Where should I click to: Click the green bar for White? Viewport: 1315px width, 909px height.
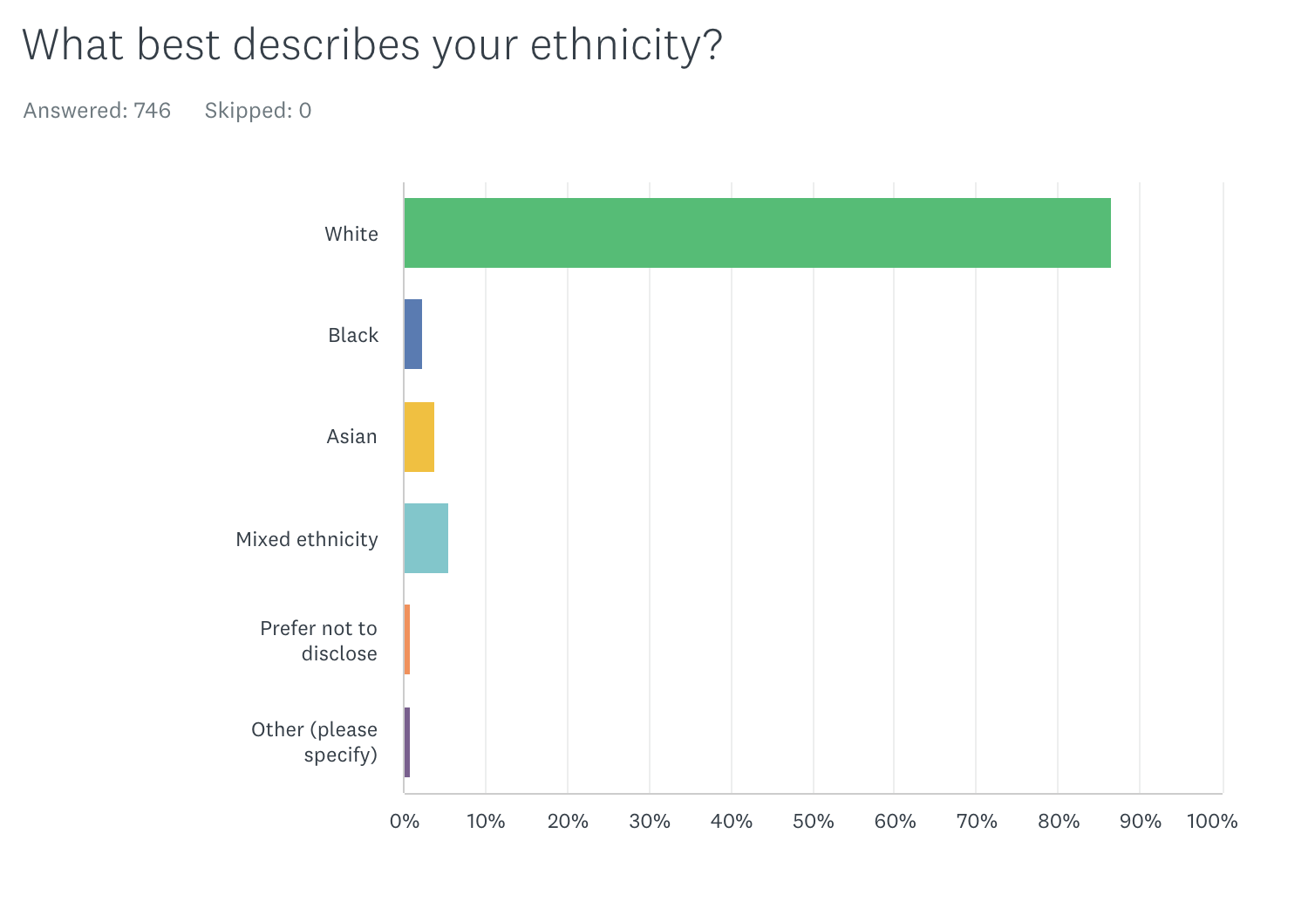click(757, 233)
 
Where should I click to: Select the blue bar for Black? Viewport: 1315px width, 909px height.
click(413, 334)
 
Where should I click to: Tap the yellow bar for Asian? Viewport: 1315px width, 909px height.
click(419, 437)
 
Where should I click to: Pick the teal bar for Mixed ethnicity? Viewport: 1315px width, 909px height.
click(426, 538)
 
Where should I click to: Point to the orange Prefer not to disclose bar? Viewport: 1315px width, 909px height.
click(407, 639)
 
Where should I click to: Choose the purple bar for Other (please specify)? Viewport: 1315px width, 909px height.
click(407, 742)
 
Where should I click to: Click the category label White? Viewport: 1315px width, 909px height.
click(351, 234)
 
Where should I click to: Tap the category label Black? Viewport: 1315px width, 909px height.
click(353, 335)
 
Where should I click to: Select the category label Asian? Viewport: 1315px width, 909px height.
click(351, 436)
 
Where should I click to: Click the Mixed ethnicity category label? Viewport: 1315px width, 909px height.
click(307, 539)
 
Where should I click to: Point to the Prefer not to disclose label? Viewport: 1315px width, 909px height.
click(319, 640)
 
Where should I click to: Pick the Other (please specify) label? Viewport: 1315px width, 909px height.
click(315, 742)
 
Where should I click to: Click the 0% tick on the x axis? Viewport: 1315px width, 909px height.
click(405, 821)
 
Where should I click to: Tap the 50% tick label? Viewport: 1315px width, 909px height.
click(813, 821)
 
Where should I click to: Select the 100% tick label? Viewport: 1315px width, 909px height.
click(1212, 821)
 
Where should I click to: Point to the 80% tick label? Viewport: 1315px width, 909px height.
click(1059, 821)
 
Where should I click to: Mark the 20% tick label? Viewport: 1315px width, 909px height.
click(568, 821)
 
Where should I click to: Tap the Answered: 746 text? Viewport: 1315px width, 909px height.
click(97, 111)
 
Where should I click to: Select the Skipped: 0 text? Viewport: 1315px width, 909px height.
click(258, 111)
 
